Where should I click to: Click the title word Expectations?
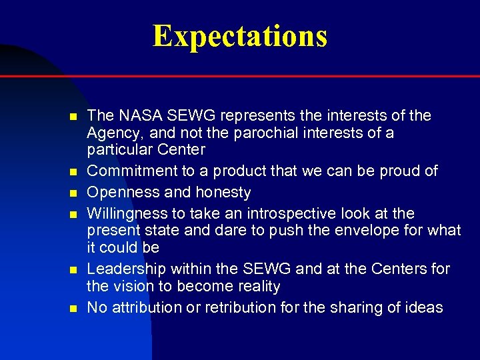tap(240, 36)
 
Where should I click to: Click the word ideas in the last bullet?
tap(424, 308)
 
